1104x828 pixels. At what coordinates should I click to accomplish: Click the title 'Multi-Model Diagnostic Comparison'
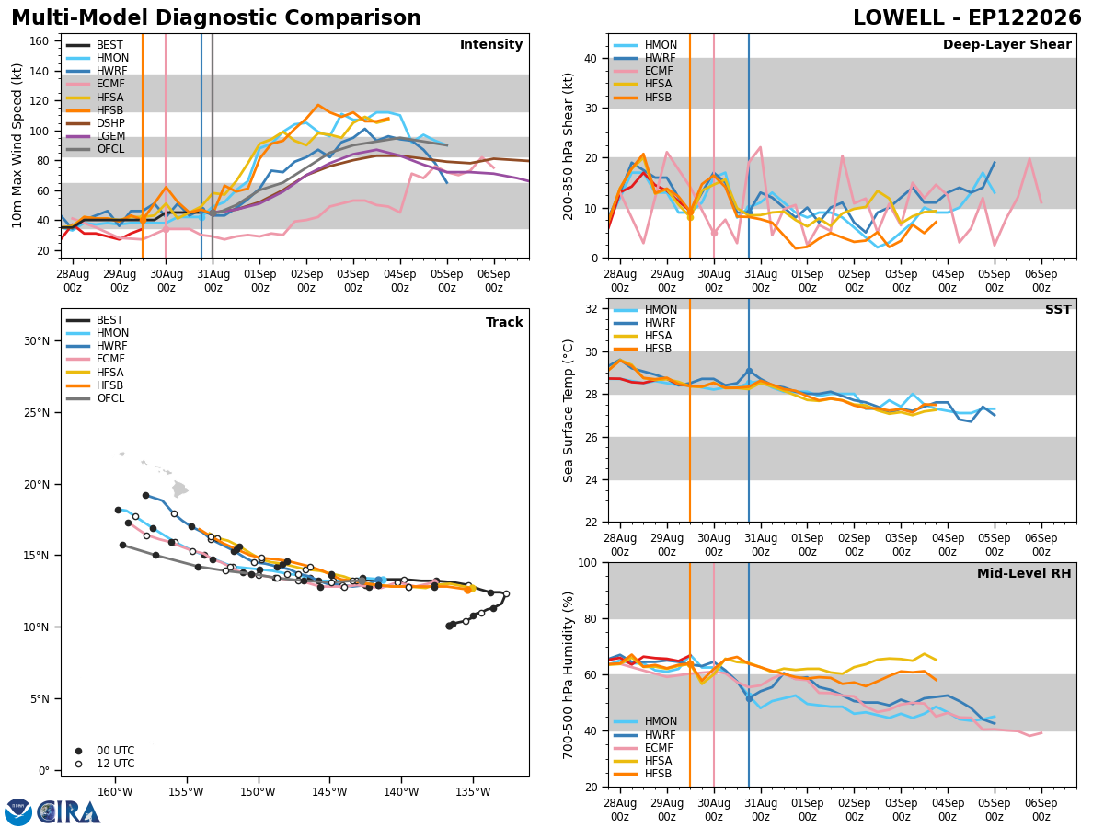click(216, 18)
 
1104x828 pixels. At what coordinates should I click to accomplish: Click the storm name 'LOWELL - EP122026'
click(967, 18)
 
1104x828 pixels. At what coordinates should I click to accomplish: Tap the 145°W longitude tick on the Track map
click(330, 792)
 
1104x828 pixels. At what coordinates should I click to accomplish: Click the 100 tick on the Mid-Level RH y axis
click(588, 563)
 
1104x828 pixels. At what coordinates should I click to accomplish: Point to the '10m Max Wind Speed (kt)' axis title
click(17, 145)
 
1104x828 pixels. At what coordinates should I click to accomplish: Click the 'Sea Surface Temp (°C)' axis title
click(568, 411)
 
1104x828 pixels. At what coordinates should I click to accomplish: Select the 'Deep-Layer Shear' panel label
click(1006, 45)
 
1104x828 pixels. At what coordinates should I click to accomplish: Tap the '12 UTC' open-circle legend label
click(116, 764)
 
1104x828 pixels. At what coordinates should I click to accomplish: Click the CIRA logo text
click(68, 813)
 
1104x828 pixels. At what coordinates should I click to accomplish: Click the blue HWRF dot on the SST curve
click(749, 372)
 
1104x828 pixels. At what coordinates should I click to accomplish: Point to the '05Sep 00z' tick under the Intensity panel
click(446, 281)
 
